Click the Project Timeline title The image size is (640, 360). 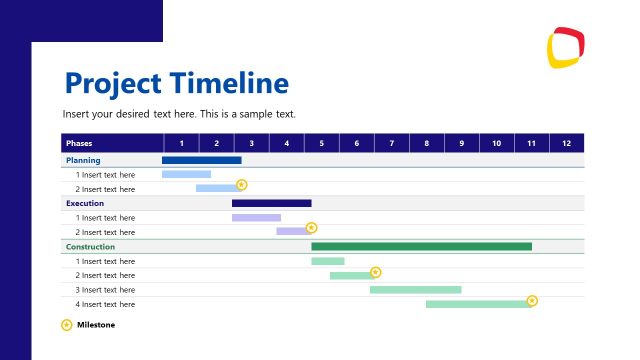tap(176, 82)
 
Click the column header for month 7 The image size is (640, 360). tap(391, 143)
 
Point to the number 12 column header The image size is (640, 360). tap(566, 143)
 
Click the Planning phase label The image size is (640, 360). tap(83, 160)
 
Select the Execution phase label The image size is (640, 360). tap(85, 203)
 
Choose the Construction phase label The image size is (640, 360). tap(90, 246)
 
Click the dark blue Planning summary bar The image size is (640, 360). tap(201, 160)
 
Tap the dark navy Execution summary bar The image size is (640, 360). tap(271, 203)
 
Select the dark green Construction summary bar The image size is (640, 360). tap(421, 246)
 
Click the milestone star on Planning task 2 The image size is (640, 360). tap(241, 185)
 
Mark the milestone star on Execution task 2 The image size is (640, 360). tap(311, 228)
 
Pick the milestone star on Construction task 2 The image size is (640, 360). tap(375, 272)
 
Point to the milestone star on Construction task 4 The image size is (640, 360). tap(532, 300)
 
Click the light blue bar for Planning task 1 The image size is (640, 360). tap(186, 174)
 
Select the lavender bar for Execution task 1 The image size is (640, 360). tap(256, 217)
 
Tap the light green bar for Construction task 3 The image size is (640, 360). tap(415, 290)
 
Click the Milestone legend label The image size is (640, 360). tap(96, 324)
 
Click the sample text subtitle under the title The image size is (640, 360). tap(179, 114)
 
